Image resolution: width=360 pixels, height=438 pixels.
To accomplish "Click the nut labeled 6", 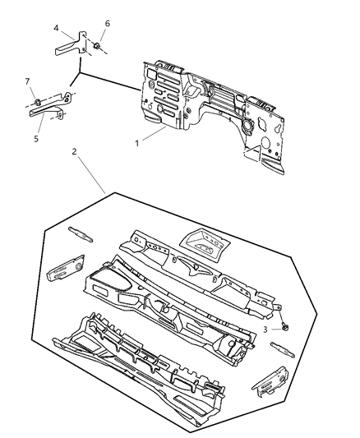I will [x=97, y=46].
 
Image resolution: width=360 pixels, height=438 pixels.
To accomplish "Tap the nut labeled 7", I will [x=38, y=102].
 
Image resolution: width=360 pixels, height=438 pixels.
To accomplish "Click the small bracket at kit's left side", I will [x=63, y=269].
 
